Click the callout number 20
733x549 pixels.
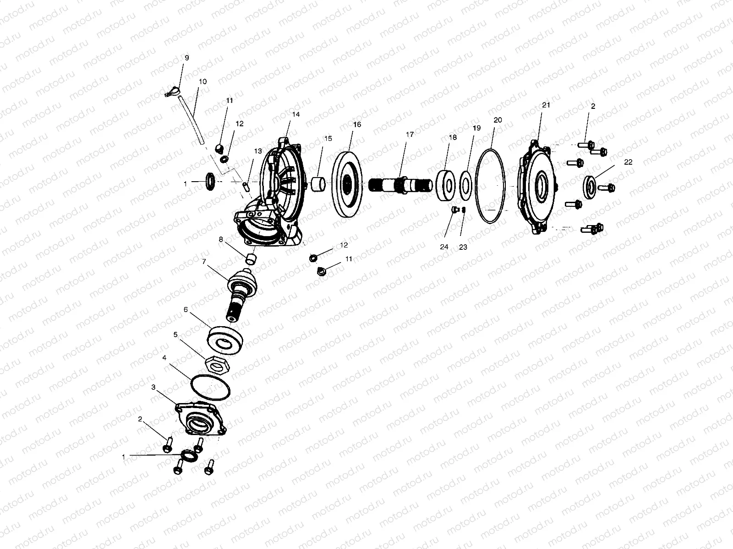(498, 120)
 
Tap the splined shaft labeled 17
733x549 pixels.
(400, 184)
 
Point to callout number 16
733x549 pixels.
(357, 124)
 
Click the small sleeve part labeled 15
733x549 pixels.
(318, 184)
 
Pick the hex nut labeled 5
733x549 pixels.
(218, 365)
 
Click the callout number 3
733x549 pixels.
(153, 387)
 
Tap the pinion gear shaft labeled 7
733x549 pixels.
(241, 293)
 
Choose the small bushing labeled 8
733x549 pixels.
(251, 258)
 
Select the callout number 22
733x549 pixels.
(628, 162)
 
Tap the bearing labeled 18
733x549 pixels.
(445, 185)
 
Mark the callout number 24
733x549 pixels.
(444, 247)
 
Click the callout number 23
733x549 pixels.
(463, 248)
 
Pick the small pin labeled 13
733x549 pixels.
(246, 187)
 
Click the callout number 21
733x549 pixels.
(546, 105)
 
